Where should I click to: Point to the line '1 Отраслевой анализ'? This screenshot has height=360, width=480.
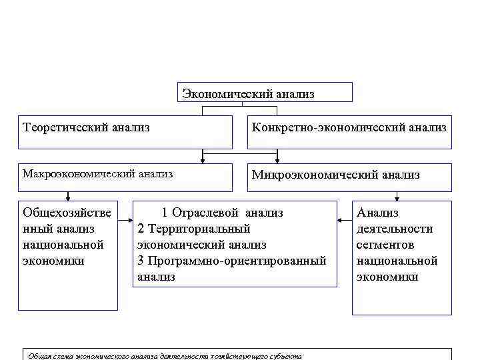(x=223, y=213)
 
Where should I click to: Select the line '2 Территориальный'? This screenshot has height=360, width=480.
(x=193, y=229)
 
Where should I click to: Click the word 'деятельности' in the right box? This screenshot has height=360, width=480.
(x=395, y=229)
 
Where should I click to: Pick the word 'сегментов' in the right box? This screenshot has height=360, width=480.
(x=385, y=245)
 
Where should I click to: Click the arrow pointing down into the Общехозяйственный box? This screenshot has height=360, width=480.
(x=67, y=197)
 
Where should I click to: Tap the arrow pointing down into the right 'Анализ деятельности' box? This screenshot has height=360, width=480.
(x=397, y=197)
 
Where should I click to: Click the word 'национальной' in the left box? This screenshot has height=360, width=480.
(x=63, y=245)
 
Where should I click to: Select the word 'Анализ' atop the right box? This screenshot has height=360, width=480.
(x=377, y=213)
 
